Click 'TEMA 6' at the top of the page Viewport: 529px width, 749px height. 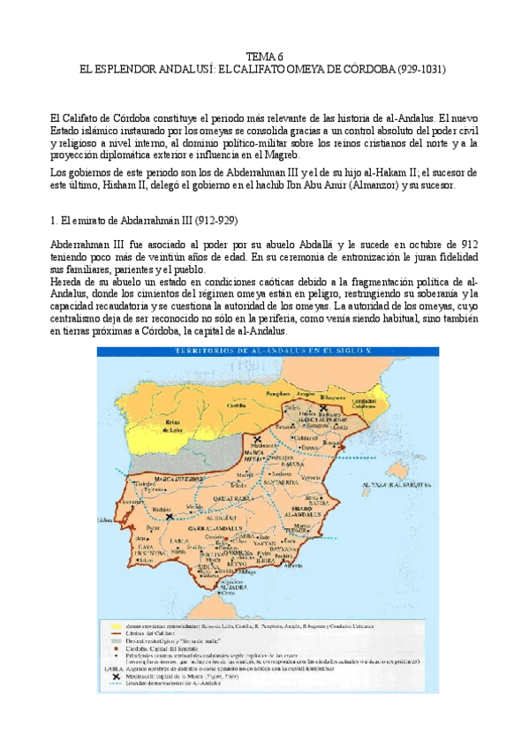pos(264,55)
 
